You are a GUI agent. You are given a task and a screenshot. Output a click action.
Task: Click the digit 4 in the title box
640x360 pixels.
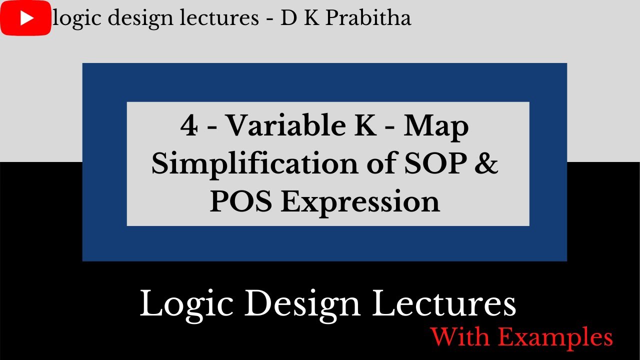pos(189,127)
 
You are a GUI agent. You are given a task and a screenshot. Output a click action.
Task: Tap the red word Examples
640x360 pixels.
pos(555,337)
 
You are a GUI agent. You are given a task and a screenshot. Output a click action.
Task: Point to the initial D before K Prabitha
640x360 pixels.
pos(289,18)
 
